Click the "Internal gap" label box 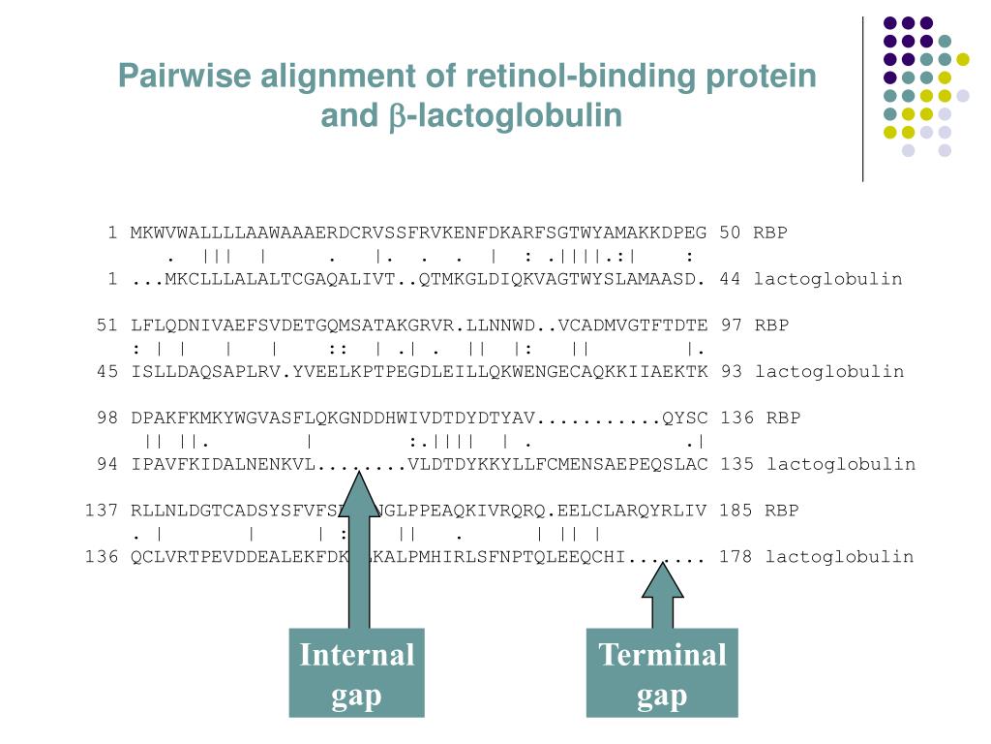pos(356,673)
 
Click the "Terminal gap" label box pos(662,673)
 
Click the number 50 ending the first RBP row pos(730,232)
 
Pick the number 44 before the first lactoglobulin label pos(731,279)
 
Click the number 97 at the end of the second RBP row pos(731,325)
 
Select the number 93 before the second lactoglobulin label pos(731,372)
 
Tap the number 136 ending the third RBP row pos(736,418)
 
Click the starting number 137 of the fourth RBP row pos(102,511)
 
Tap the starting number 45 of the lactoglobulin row pos(107,372)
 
